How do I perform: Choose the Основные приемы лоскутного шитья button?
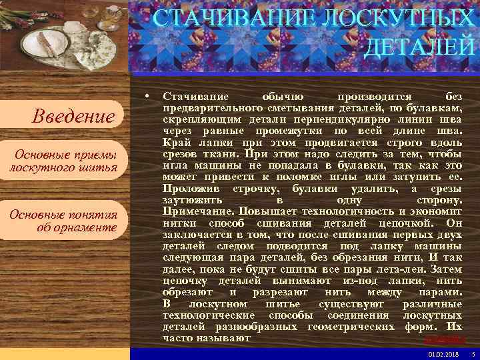[64, 161]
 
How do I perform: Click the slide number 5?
[472, 353]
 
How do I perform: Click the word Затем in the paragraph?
[446, 269]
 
